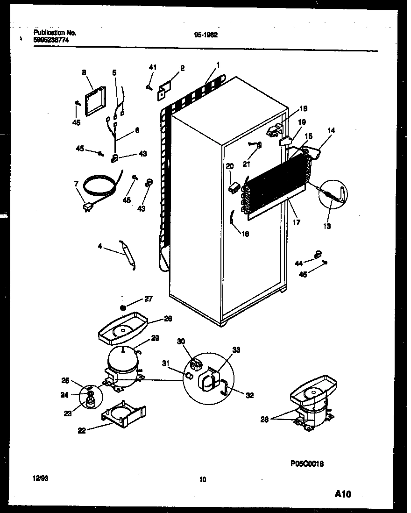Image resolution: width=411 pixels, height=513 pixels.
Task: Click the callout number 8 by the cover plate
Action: tap(84, 72)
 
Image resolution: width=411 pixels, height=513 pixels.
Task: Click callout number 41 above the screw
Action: tap(152, 68)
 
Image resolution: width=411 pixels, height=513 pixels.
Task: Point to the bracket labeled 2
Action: tap(165, 90)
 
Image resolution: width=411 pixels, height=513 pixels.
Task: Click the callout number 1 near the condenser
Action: tap(218, 64)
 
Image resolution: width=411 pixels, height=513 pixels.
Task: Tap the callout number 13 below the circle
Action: tap(326, 227)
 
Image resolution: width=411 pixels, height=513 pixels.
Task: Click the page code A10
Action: tap(343, 494)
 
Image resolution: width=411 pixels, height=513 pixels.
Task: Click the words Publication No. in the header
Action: tap(55, 33)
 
